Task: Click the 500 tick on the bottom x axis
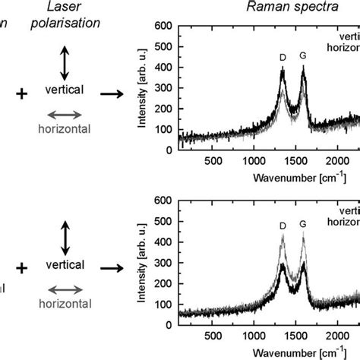pos(213,336)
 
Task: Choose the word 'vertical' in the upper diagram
pos(64,90)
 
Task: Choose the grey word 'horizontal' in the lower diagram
pos(64,303)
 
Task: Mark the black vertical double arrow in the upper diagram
pos(65,63)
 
